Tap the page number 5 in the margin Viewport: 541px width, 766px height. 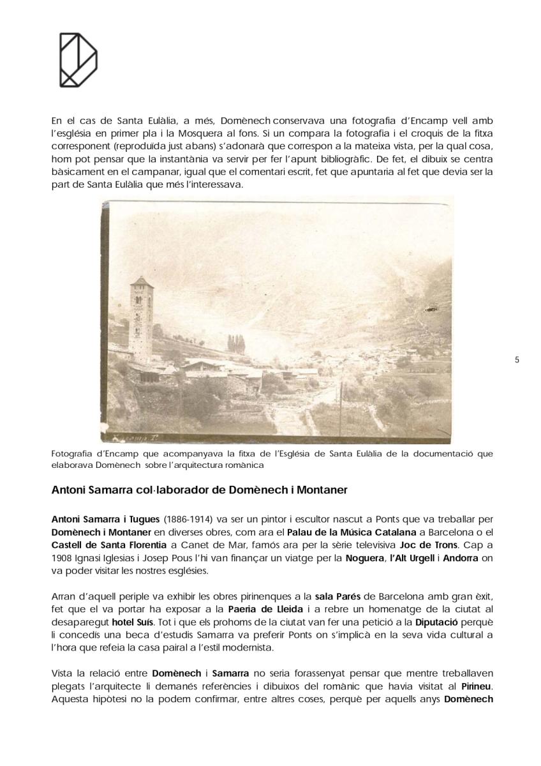coord(517,360)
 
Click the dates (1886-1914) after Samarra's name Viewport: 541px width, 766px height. coord(182,520)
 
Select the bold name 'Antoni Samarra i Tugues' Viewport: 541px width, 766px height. coord(105,520)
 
